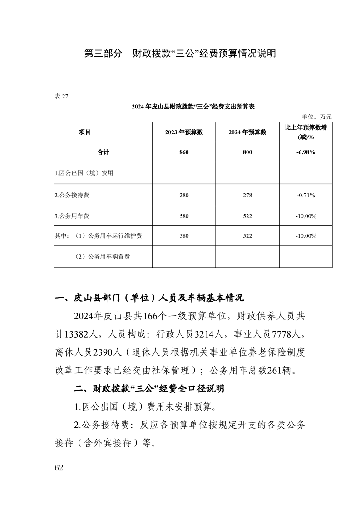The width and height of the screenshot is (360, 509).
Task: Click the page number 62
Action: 59,468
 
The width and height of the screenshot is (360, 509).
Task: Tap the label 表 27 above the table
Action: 61,95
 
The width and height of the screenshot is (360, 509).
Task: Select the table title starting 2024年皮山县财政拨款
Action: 193,107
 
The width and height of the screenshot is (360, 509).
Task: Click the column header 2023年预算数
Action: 183,132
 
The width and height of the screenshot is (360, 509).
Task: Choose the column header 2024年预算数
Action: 247,132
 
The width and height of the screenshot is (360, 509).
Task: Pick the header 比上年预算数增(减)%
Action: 306,132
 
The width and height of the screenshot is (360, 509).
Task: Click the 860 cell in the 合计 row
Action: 183,153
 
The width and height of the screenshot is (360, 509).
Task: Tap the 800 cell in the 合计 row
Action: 247,153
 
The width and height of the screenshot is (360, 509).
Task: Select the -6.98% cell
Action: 306,153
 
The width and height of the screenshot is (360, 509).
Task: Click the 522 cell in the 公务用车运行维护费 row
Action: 247,236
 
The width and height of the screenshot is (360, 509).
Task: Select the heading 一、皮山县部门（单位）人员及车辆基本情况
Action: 149,298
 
